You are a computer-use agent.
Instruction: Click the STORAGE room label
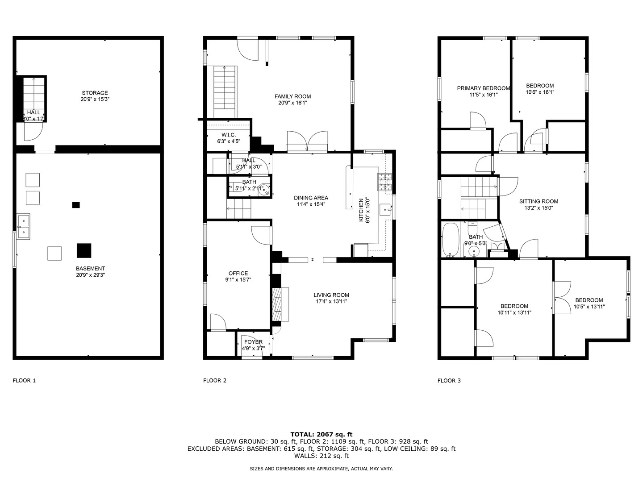95,93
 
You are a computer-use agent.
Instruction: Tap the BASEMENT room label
90,269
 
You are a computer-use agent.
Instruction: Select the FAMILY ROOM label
292,96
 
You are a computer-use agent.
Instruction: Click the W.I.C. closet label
228,135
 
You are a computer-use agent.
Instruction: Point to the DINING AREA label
311,198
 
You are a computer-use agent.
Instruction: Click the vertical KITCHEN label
361,210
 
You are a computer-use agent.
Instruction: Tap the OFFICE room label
238,274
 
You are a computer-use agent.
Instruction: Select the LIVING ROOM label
331,295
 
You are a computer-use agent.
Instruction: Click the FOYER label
253,342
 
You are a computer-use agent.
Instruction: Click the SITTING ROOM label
539,201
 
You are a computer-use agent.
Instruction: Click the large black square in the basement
84,250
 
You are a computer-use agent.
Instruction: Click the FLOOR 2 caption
215,381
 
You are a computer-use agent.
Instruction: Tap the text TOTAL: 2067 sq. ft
321,434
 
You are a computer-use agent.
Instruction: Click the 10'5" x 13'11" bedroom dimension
589,307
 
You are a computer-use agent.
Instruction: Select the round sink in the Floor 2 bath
265,190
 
